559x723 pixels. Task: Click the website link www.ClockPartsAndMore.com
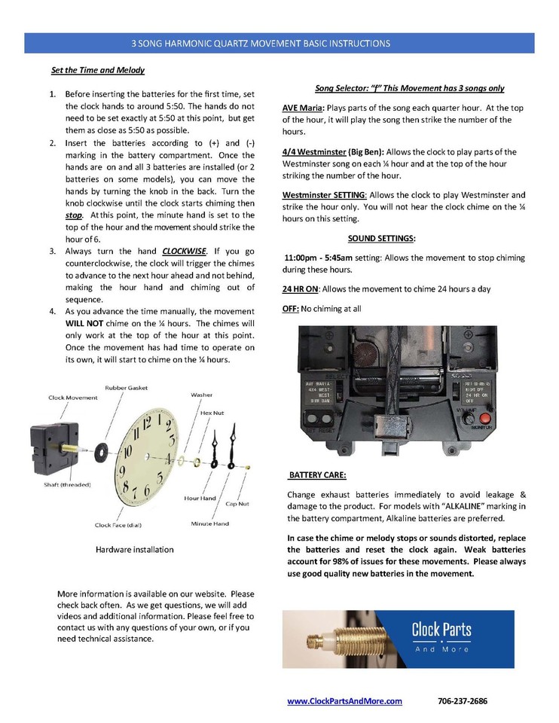(x=344, y=700)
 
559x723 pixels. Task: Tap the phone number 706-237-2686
(x=462, y=700)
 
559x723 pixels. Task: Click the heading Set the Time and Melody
(x=97, y=70)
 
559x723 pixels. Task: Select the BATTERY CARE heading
(x=317, y=476)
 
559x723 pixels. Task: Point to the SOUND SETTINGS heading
(x=380, y=239)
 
